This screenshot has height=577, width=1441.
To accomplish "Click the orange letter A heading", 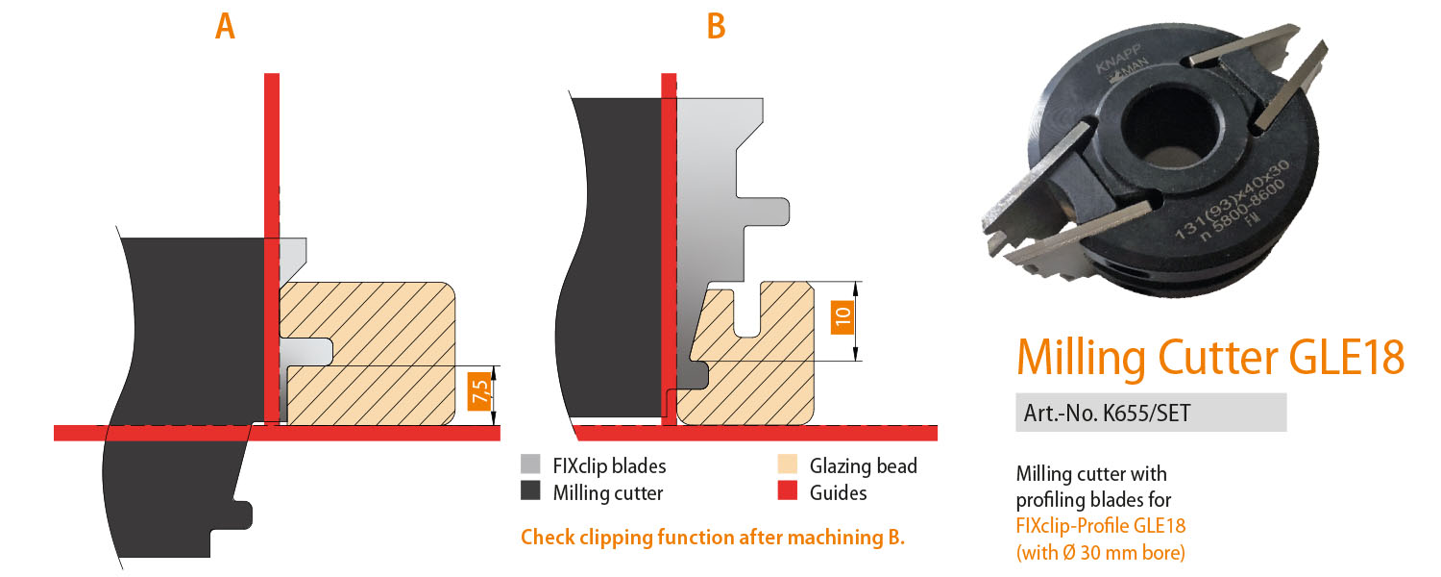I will click(x=225, y=26).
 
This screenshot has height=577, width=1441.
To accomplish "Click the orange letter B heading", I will click(x=716, y=26).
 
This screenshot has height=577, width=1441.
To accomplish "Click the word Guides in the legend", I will click(x=838, y=492).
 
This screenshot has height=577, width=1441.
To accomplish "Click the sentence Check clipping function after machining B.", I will click(x=712, y=537).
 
